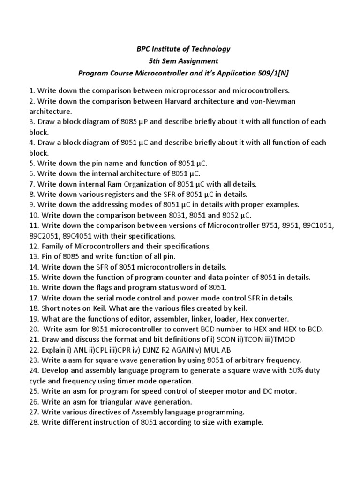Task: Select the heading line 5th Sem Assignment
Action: click(x=180, y=61)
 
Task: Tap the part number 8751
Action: click(x=270, y=225)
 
